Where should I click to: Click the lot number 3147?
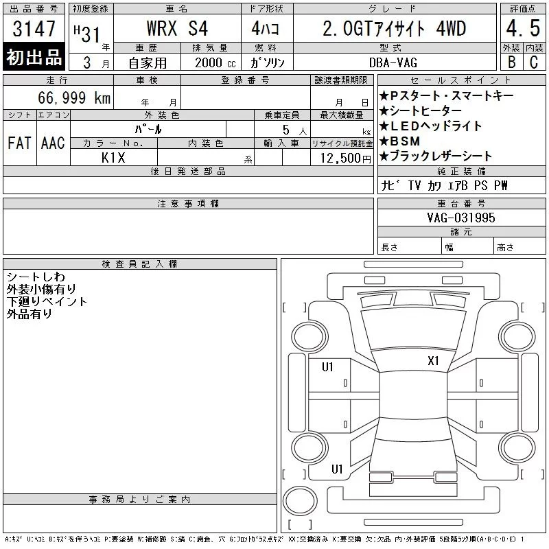tap(34, 29)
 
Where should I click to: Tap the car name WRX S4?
tap(177, 29)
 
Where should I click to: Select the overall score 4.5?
tap(523, 28)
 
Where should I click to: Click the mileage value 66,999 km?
tap(74, 97)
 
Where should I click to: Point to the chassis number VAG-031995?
tap(461, 218)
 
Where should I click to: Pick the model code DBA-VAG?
tap(393, 62)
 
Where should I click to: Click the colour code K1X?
tap(113, 158)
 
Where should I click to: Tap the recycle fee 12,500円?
tap(346, 159)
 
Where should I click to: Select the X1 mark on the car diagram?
tap(433, 361)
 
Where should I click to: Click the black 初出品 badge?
tap(34, 57)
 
